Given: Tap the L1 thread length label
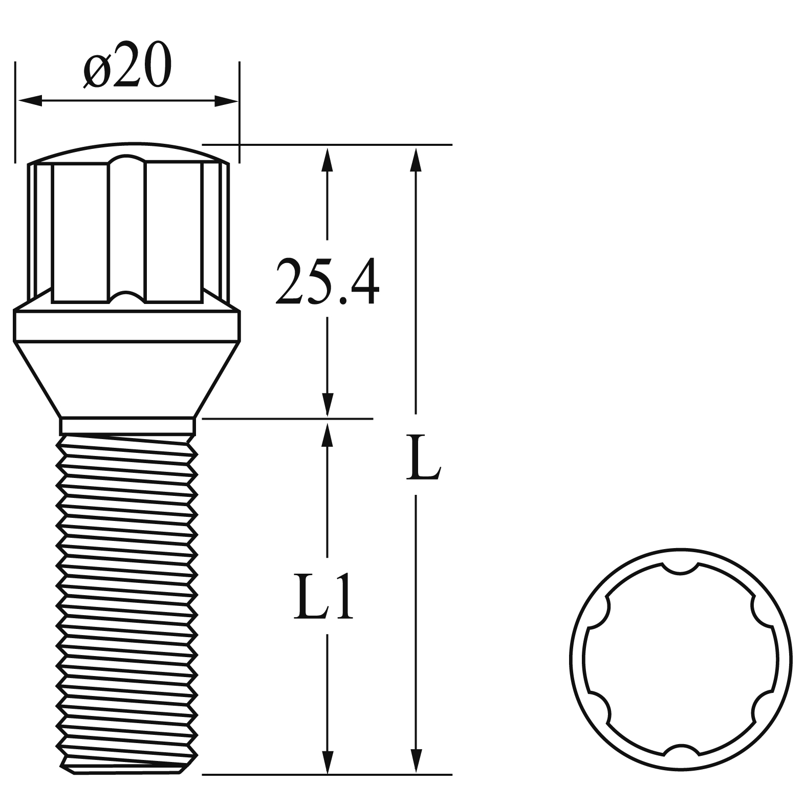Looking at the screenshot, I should point(323,598).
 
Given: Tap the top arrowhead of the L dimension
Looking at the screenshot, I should point(417,159).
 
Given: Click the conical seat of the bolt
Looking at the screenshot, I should point(126,379).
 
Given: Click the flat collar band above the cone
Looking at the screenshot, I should point(126,326).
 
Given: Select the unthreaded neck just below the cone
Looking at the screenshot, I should point(127,426).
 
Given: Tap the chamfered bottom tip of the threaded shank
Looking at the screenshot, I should point(125,768).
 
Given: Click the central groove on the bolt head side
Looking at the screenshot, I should point(127,230).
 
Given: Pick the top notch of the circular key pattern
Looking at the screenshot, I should point(680,568).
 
